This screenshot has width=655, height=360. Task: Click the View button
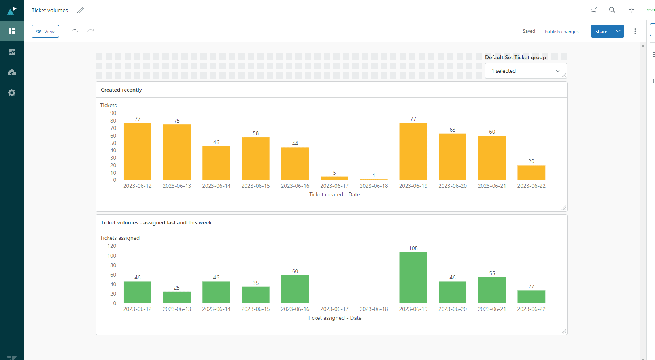click(45, 31)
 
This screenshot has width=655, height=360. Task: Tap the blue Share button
click(601, 31)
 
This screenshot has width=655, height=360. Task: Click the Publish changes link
click(561, 32)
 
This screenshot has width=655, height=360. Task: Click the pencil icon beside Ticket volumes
click(81, 10)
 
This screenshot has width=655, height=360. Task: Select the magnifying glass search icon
click(612, 10)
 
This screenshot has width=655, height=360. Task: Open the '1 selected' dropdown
click(526, 71)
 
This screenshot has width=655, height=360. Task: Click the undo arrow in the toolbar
click(75, 31)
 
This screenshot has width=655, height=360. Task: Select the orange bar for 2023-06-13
click(177, 152)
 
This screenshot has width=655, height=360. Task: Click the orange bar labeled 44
click(295, 164)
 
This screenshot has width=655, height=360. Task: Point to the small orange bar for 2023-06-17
click(334, 178)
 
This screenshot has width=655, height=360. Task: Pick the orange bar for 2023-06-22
click(531, 173)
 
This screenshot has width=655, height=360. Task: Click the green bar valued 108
click(413, 277)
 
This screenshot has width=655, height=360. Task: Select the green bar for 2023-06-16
click(295, 289)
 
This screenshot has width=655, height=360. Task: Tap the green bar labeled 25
click(177, 297)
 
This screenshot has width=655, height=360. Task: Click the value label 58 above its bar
click(256, 133)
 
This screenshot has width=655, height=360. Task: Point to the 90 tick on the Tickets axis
click(113, 113)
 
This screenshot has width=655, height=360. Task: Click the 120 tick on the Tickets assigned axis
click(112, 246)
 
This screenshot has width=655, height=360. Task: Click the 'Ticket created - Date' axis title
click(334, 194)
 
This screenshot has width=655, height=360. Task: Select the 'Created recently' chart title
click(121, 90)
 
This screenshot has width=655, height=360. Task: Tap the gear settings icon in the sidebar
click(12, 93)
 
